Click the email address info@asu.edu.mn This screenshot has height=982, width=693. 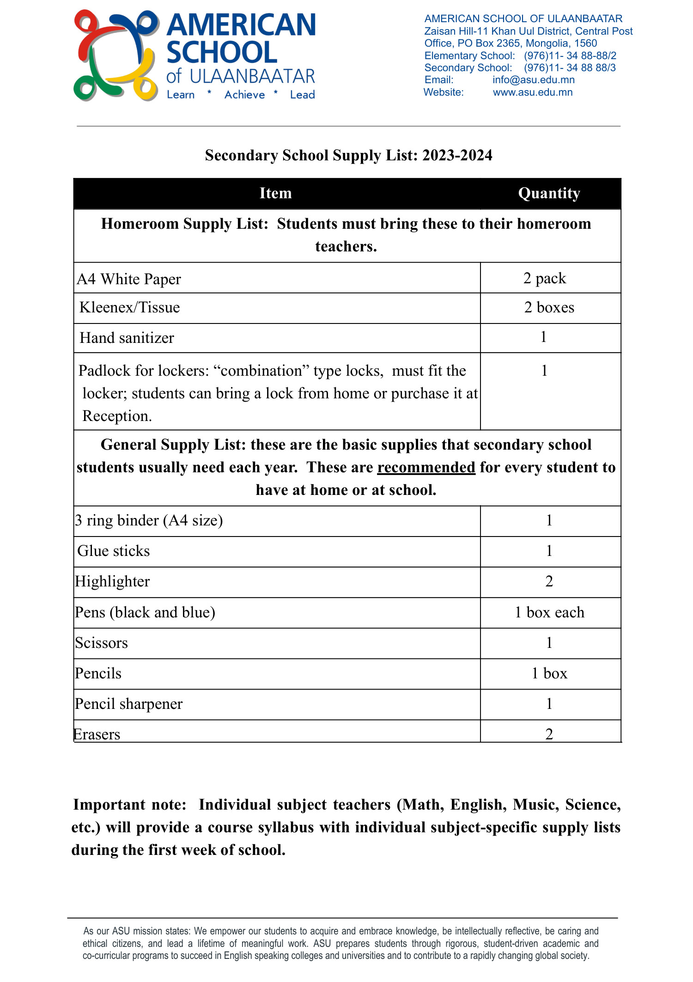pyautogui.click(x=533, y=80)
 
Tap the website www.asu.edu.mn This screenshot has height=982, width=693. pyautogui.click(x=532, y=92)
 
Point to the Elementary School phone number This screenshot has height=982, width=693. pyautogui.click(x=570, y=56)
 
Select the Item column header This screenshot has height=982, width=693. pyautogui.click(x=275, y=193)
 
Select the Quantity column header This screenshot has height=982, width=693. pyautogui.click(x=549, y=193)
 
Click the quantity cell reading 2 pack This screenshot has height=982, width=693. pyautogui.click(x=545, y=278)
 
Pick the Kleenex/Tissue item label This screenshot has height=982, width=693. pyautogui.click(x=129, y=308)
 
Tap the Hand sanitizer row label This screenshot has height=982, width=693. pyautogui.click(x=127, y=338)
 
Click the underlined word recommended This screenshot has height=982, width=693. pyautogui.click(x=426, y=467)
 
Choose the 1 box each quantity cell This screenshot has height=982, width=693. pyautogui.click(x=549, y=612)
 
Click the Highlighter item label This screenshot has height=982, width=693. pyautogui.click(x=112, y=582)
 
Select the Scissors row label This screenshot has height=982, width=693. pyautogui.click(x=101, y=643)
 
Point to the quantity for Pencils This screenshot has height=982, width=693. pyautogui.click(x=549, y=673)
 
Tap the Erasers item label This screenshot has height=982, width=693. pyautogui.click(x=97, y=734)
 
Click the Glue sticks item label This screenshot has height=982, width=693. pyautogui.click(x=114, y=551)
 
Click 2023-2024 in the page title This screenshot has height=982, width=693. pyautogui.click(x=457, y=155)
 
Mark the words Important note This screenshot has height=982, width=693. pyautogui.click(x=129, y=805)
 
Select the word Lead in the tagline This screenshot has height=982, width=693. pyautogui.click(x=302, y=95)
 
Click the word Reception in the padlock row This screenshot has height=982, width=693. pyautogui.click(x=117, y=416)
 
